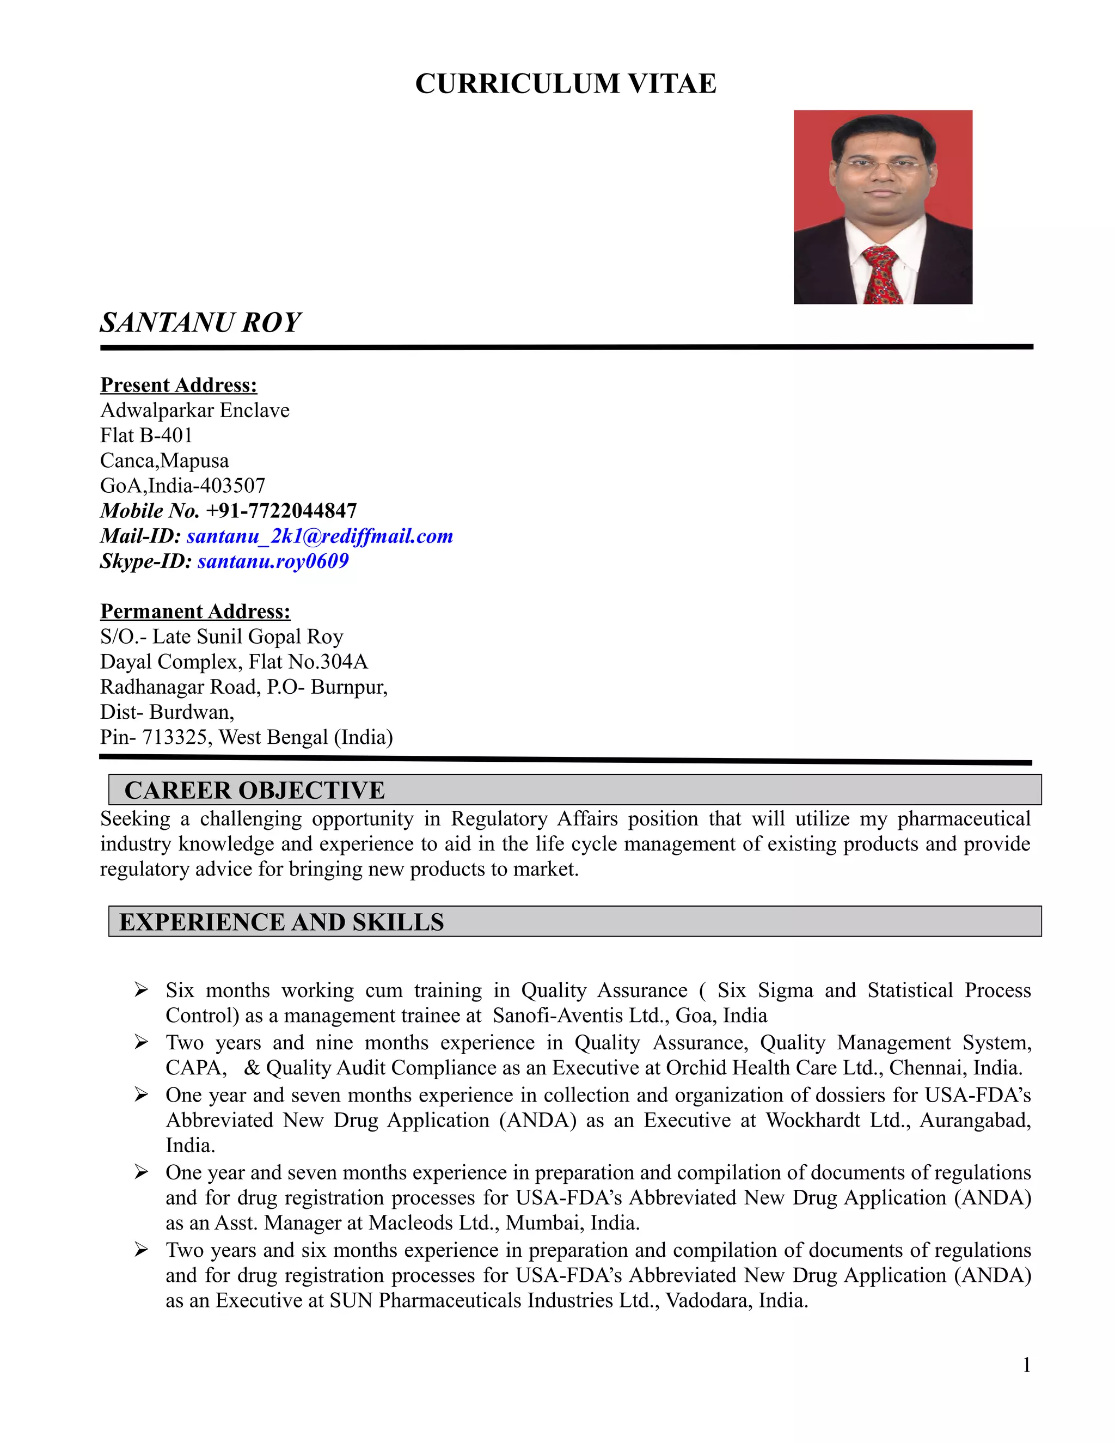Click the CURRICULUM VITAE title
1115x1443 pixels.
click(x=566, y=84)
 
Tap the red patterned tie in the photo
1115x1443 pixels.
click(x=881, y=275)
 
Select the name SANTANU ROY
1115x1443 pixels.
click(x=200, y=322)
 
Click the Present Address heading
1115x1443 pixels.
click(x=179, y=384)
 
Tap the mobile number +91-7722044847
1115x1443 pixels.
click(x=281, y=511)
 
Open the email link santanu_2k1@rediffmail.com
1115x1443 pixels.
click(x=320, y=536)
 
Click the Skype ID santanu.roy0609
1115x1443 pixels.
click(x=273, y=561)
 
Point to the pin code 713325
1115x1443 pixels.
click(x=175, y=737)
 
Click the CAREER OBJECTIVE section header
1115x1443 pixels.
click(x=254, y=790)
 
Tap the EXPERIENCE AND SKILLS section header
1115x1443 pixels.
click(x=281, y=922)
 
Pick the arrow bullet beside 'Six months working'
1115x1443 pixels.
click(x=140, y=989)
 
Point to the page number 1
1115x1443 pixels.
click(x=1026, y=1365)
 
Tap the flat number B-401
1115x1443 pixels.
click(x=166, y=436)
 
